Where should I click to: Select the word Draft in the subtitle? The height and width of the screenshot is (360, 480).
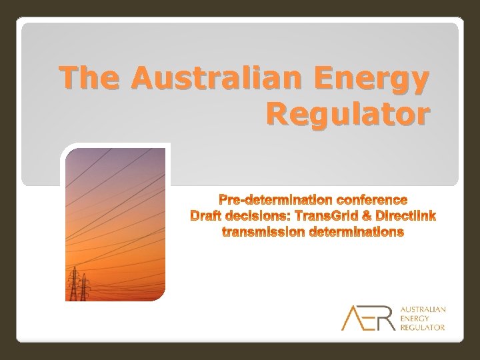coord(207,216)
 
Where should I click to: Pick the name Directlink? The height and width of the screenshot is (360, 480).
coord(405,216)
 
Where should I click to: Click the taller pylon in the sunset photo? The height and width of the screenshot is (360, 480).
coord(73,283)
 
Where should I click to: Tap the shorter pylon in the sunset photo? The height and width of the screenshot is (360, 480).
coord(85,287)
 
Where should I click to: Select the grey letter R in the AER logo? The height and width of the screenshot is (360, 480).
coord(385,318)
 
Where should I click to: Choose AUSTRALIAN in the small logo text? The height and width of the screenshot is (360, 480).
coord(423,310)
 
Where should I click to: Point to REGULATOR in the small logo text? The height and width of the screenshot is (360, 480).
coord(423,327)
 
